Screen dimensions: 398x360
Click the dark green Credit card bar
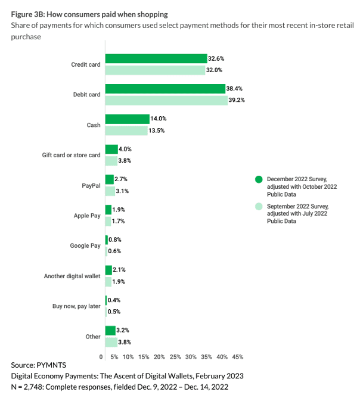[156, 58]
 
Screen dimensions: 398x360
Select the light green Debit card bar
[166, 100]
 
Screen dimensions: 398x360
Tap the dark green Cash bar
[127, 119]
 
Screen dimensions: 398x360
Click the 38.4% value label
[234, 89]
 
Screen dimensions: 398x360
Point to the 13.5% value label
[157, 130]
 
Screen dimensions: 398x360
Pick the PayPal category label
[91, 185]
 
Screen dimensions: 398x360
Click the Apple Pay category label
[87, 216]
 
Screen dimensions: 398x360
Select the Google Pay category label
[86, 245]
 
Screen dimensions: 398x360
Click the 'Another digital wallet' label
[72, 276]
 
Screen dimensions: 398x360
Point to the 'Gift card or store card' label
[71, 155]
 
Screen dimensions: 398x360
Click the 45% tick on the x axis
[237, 356]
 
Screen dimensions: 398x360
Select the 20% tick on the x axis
[159, 356]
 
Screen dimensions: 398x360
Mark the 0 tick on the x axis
[101, 356]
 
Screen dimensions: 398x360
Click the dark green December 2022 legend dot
[258, 179]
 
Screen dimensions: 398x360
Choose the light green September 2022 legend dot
[258, 206]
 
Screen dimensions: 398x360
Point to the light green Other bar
[111, 342]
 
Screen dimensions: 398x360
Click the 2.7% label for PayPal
[121, 179]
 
